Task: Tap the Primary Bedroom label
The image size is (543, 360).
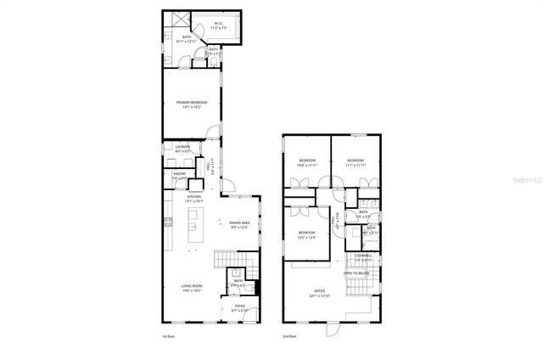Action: coord(192,103)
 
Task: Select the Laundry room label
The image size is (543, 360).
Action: coord(182,147)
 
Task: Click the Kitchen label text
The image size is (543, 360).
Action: coord(194,197)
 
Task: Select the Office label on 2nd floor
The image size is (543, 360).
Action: coord(318,293)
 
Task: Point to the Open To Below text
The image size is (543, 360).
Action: coord(355,273)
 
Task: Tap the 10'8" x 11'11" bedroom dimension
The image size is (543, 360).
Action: coord(307,166)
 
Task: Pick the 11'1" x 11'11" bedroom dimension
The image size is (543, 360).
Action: coord(355,166)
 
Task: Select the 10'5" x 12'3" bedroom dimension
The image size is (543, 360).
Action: coord(306,237)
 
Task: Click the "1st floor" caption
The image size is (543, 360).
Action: coord(169,336)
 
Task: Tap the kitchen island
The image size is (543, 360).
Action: coord(193,227)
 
